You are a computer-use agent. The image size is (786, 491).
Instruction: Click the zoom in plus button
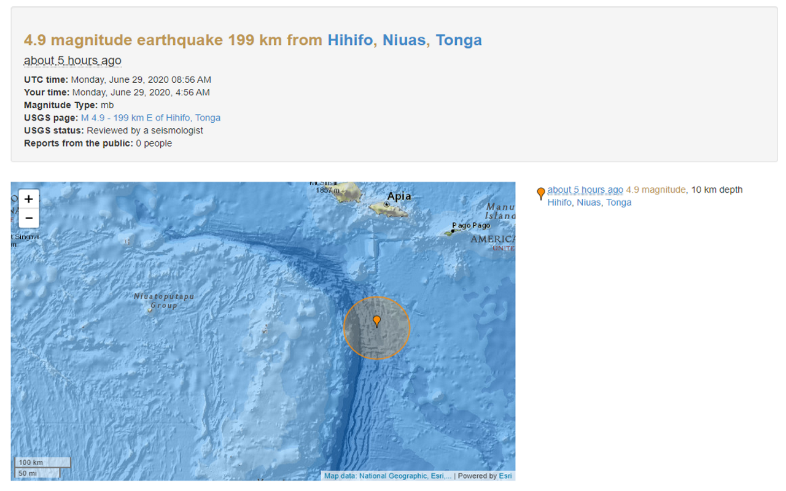click(x=28, y=199)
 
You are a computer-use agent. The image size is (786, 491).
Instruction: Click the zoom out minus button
click(x=28, y=218)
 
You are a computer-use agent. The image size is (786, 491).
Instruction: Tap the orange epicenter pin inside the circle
click(x=376, y=321)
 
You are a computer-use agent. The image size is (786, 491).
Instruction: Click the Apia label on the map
click(x=399, y=197)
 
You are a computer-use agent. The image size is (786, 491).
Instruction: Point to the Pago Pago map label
click(x=471, y=226)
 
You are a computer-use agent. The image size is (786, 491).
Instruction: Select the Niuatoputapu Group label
click(x=164, y=301)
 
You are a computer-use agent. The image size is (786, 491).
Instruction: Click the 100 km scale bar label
click(x=31, y=462)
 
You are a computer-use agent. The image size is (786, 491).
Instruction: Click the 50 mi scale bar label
click(x=28, y=473)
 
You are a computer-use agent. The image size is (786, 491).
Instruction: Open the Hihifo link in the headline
click(x=350, y=41)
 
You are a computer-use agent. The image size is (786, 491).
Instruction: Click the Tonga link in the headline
click(x=459, y=41)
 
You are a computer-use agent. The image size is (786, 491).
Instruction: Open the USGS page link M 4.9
click(x=150, y=118)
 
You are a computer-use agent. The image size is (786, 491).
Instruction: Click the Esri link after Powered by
click(x=505, y=476)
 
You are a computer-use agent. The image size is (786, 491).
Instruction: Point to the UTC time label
click(x=46, y=79)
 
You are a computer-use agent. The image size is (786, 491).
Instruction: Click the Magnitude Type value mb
click(x=107, y=105)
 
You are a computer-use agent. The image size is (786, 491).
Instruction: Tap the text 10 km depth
click(x=717, y=190)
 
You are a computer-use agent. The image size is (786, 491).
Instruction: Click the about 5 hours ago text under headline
click(x=72, y=60)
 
